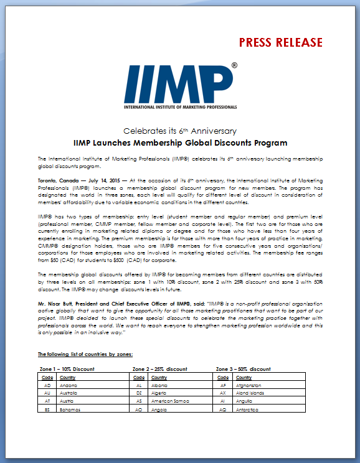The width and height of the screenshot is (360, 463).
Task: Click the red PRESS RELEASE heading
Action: [282, 42]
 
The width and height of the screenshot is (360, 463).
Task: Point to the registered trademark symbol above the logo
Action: [234, 65]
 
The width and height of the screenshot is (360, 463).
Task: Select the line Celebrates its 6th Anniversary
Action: [180, 131]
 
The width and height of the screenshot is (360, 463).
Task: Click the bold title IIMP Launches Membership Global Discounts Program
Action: [180, 143]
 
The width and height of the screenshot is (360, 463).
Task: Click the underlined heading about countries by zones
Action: [85, 354]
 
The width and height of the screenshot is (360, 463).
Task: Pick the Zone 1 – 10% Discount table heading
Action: [67, 369]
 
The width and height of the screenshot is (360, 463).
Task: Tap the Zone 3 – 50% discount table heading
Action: [243, 369]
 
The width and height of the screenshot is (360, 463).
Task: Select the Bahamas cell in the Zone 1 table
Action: [69, 410]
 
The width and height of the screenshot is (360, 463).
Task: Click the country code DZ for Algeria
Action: [140, 393]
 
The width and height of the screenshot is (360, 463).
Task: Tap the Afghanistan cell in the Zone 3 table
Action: [253, 385]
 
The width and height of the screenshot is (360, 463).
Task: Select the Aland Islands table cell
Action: [252, 393]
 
